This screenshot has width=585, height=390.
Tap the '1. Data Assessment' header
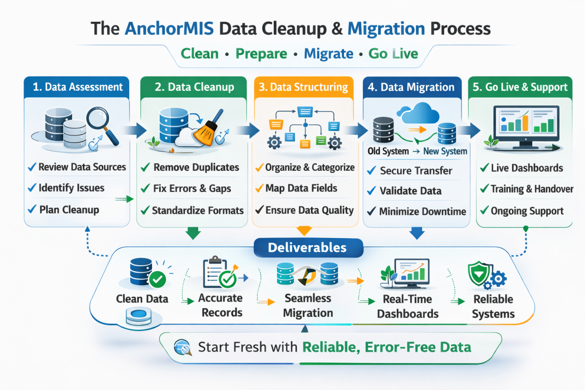tap(78, 87)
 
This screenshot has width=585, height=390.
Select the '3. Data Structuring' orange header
tap(303, 87)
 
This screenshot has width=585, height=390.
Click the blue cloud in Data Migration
tap(417, 113)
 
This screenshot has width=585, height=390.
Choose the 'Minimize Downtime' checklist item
tap(422, 212)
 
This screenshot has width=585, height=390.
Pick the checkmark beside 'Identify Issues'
tap(32, 188)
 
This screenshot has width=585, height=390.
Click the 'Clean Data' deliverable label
tap(142, 299)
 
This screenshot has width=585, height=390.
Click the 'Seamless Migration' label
tap(308, 306)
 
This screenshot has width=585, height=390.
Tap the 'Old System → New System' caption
tap(417, 151)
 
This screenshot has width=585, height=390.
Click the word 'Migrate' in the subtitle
tap(328, 53)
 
